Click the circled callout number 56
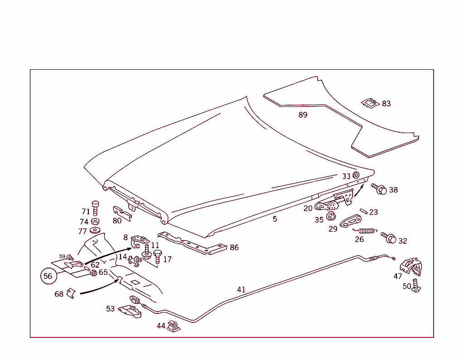pyautogui.click(x=48, y=276)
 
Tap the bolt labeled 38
pyautogui.click(x=379, y=189)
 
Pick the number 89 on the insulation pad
pyautogui.click(x=303, y=115)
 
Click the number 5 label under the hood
pyautogui.click(x=275, y=219)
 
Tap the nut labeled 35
pyautogui.click(x=331, y=216)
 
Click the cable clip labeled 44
pyautogui.click(x=173, y=326)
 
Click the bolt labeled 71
pyautogui.click(x=96, y=210)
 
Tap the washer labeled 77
pyautogui.click(x=95, y=231)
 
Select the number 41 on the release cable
pyautogui.click(x=241, y=290)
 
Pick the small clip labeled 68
pyautogui.click(x=70, y=293)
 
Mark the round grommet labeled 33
pyautogui.click(x=356, y=175)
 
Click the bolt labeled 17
pyautogui.click(x=157, y=257)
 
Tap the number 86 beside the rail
pyautogui.click(x=234, y=248)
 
